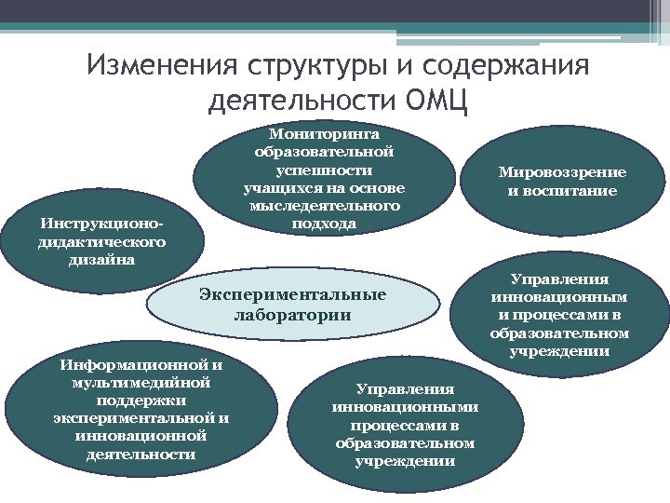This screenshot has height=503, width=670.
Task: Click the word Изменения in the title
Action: [160, 67]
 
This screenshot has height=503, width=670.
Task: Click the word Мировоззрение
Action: [562, 172]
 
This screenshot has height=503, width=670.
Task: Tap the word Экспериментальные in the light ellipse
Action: [292, 295]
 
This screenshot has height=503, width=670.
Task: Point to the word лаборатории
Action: [292, 315]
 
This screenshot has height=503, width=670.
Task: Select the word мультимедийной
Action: [141, 382]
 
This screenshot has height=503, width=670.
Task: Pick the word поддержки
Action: [141, 400]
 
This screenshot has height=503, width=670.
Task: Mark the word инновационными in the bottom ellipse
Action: [405, 407]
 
